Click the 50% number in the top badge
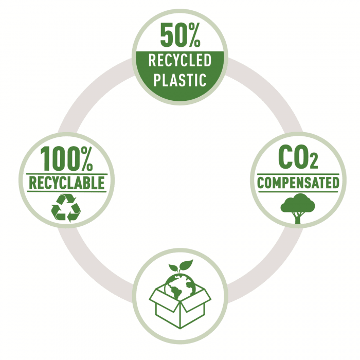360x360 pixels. click(180, 35)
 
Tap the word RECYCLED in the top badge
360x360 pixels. click(180, 60)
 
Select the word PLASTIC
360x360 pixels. click(180, 80)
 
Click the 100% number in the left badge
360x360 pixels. click(66, 158)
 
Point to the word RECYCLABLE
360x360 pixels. click(67, 183)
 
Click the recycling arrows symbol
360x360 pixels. click(66, 208)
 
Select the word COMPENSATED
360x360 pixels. click(298, 183)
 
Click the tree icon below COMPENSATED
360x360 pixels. click(298, 208)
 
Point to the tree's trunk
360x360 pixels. click(298, 218)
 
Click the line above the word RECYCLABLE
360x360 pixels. click(66, 174)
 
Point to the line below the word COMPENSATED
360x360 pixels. click(298, 192)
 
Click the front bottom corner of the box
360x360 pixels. click(180, 328)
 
